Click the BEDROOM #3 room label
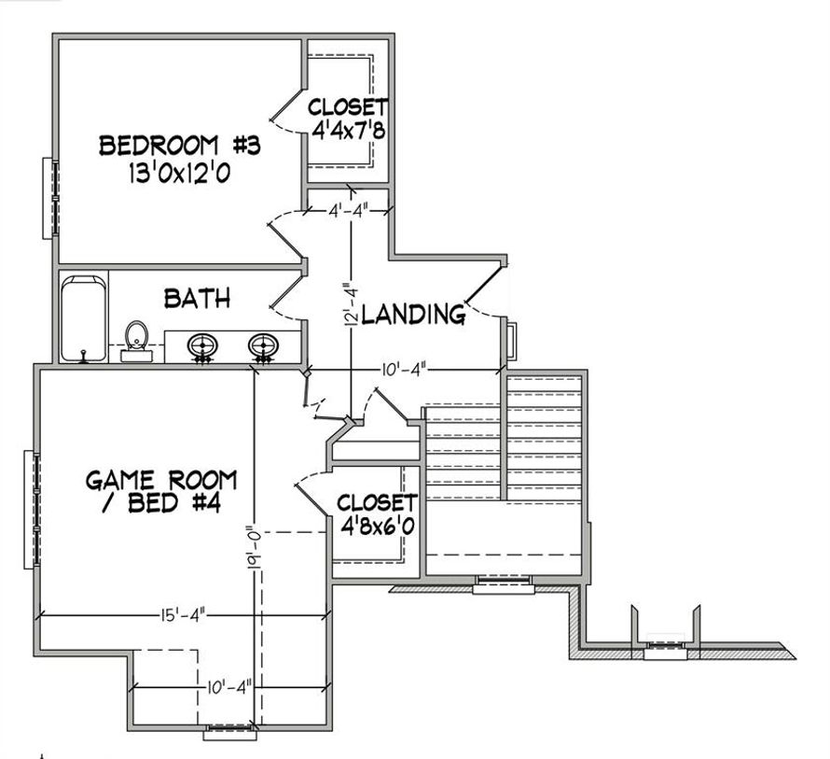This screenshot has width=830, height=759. [180, 146]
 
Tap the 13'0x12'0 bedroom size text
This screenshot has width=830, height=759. [179, 173]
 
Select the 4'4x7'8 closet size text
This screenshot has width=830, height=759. [348, 131]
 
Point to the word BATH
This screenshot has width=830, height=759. [197, 299]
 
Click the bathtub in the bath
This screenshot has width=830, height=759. [83, 319]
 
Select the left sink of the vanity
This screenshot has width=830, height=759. [202, 347]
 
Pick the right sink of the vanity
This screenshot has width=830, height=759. [264, 347]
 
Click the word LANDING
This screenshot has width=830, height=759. [413, 314]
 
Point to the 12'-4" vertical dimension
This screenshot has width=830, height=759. [351, 304]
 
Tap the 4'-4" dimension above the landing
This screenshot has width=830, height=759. [348, 210]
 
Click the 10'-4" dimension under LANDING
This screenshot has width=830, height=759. [405, 370]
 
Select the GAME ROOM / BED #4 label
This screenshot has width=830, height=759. [161, 491]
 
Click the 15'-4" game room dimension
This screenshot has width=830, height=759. [183, 615]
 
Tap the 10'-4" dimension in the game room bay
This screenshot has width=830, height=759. [228, 688]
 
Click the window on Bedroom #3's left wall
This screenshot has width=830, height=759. [51, 198]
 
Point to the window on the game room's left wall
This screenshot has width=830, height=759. [32, 510]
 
